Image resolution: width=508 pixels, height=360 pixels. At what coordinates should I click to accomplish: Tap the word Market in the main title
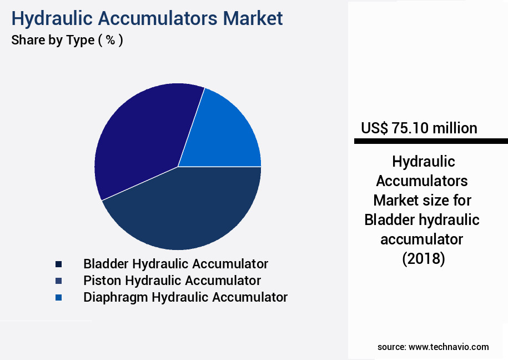tap(253, 18)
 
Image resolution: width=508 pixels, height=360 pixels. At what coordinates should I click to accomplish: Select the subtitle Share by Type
tap(53, 41)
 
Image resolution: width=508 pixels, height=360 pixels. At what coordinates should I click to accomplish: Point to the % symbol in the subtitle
tap(110, 41)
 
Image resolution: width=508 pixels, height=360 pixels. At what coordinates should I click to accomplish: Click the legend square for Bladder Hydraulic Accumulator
tap(58, 264)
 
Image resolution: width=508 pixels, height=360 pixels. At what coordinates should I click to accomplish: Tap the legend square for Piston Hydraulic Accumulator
tap(58, 281)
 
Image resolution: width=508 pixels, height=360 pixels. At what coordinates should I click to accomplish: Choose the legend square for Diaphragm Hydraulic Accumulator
tap(58, 298)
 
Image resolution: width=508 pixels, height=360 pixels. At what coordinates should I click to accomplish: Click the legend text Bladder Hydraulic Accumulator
tap(175, 264)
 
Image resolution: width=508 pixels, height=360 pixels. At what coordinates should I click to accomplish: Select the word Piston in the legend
tap(101, 281)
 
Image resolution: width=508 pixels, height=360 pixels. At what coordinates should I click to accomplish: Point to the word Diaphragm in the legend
tap(115, 297)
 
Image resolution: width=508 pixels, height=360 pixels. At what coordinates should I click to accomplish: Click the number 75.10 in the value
tap(410, 128)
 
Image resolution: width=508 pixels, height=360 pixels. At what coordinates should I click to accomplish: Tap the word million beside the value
tap(455, 128)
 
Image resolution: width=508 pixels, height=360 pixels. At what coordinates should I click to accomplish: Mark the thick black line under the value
tap(430, 142)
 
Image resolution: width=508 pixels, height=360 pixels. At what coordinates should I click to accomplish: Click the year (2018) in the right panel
tap(423, 259)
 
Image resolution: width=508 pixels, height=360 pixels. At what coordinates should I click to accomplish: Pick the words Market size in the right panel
tap(423, 200)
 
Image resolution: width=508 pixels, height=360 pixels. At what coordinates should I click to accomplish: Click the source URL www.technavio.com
tap(449, 347)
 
